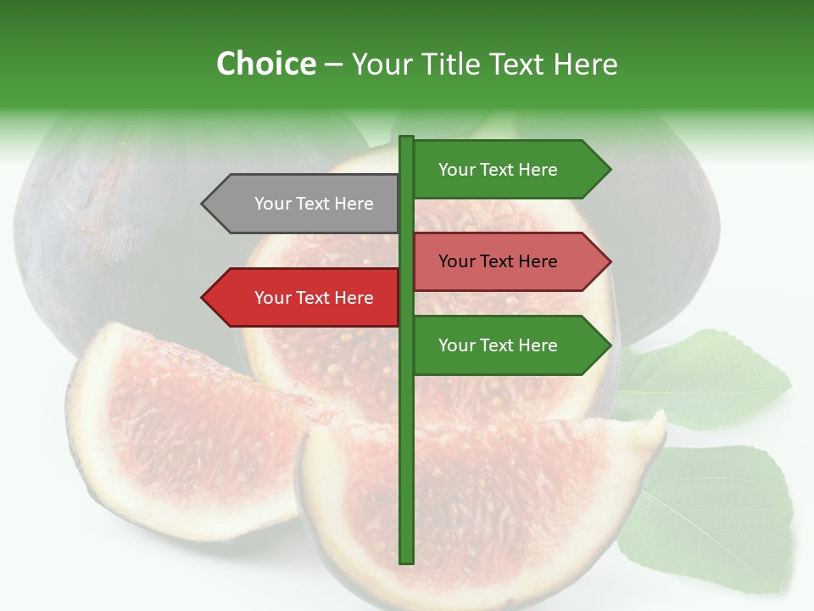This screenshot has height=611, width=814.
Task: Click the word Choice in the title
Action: click(265, 64)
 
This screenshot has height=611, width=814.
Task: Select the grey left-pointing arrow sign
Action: click(305, 204)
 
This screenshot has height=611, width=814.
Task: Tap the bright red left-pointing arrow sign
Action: click(305, 298)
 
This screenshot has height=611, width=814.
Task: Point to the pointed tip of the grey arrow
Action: click(203, 204)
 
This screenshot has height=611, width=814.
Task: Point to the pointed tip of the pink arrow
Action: click(609, 261)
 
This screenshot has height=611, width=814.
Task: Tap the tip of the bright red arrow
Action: click(203, 298)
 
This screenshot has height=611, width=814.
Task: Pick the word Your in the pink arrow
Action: click(456, 261)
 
